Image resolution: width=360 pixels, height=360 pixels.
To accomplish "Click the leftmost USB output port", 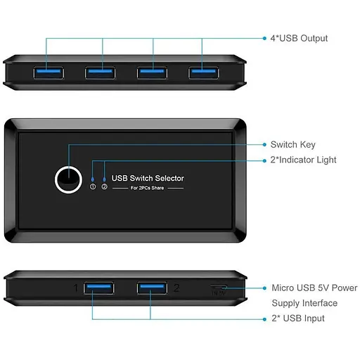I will (47, 72).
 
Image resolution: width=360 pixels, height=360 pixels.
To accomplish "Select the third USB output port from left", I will (152, 72).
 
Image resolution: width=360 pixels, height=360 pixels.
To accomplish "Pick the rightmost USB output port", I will (202, 72).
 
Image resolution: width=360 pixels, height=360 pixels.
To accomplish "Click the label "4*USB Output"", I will (300, 38).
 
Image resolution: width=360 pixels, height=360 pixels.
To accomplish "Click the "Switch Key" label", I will (293, 145).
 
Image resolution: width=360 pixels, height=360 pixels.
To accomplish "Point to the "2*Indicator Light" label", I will (303, 160).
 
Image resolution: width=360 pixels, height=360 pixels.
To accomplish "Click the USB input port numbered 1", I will (98, 288).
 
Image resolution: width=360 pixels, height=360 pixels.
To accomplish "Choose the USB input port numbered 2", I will (151, 288).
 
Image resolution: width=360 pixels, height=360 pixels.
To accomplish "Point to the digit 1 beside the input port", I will (76, 288).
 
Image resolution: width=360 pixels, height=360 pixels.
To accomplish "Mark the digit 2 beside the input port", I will (176, 288).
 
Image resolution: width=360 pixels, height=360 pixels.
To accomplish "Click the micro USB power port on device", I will (218, 289).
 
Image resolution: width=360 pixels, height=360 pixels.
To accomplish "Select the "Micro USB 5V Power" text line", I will (314, 288).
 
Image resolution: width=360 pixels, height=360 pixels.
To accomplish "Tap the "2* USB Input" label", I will (298, 319).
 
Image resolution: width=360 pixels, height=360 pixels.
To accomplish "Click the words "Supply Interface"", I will (304, 304).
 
